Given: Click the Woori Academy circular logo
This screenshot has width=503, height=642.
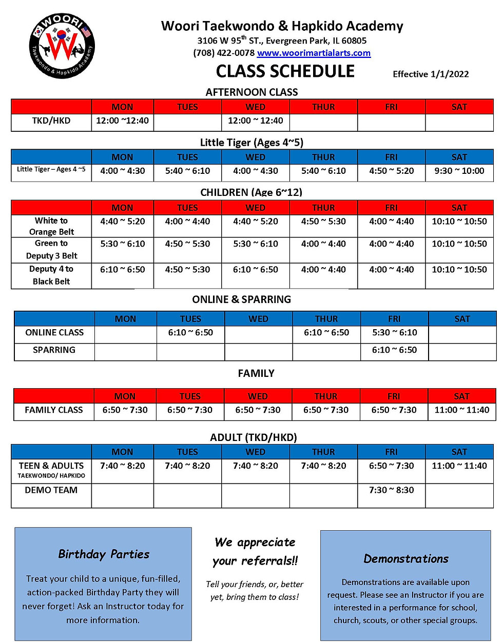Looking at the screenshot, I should (x=62, y=46).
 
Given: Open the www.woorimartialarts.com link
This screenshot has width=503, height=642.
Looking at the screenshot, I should (x=314, y=53).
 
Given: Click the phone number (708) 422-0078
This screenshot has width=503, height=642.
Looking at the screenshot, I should (x=224, y=53).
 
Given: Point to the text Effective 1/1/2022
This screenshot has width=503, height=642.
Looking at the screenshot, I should (x=431, y=74).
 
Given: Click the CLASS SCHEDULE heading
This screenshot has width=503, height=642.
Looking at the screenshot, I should (x=285, y=71).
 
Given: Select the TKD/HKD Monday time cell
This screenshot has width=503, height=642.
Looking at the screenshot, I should (x=122, y=121).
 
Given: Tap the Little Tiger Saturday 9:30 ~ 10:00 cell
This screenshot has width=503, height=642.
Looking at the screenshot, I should (x=459, y=171).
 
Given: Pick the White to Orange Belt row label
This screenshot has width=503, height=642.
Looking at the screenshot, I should (x=51, y=226).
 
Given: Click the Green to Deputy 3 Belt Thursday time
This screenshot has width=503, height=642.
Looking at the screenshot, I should (x=323, y=244).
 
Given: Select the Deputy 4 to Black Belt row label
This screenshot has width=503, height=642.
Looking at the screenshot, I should (x=51, y=275).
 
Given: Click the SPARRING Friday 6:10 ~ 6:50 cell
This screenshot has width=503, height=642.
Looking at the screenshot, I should (x=394, y=350).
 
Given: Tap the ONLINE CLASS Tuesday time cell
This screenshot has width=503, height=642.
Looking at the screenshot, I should (x=190, y=332).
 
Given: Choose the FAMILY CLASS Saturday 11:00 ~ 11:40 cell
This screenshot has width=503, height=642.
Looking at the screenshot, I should (x=461, y=410).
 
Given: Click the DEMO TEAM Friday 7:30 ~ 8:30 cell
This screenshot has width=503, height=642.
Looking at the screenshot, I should (x=391, y=490).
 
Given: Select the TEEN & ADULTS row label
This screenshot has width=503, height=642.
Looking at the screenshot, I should (x=51, y=466).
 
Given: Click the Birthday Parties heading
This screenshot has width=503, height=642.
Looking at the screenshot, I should (x=104, y=554).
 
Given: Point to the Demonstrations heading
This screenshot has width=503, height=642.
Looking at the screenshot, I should (x=405, y=558).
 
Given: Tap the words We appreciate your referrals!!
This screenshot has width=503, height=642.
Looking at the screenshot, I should (x=255, y=551).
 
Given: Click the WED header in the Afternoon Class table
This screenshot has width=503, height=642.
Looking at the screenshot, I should (x=255, y=107).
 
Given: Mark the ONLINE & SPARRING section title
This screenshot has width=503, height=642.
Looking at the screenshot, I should (x=241, y=299).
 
